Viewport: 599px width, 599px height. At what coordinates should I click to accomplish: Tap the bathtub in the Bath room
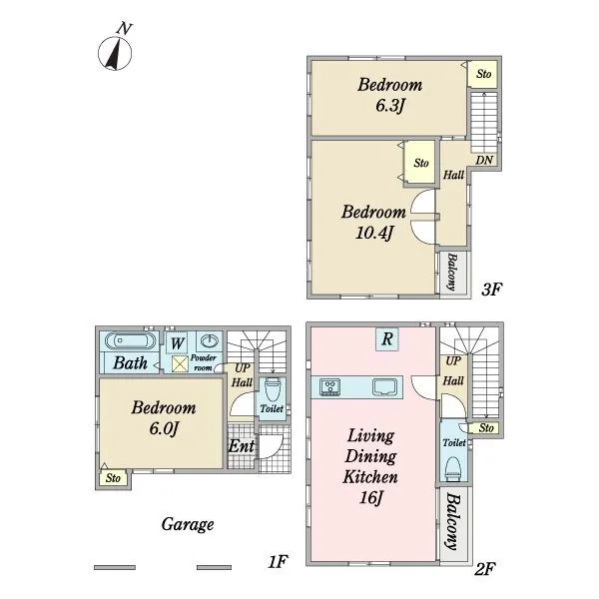(x=130, y=340)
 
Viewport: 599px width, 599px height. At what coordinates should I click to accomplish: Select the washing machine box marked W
(x=177, y=342)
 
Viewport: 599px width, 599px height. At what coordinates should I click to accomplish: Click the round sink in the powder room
(x=210, y=340)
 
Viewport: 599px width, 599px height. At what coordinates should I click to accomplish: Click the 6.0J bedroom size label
(x=164, y=428)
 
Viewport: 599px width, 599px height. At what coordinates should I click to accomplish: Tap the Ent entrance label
(x=241, y=446)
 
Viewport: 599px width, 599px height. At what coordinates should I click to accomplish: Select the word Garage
(x=188, y=524)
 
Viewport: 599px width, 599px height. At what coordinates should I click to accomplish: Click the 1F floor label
(x=278, y=561)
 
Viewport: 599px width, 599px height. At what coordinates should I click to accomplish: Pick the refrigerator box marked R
(x=387, y=338)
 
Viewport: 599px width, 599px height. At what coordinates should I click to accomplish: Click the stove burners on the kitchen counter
(x=329, y=387)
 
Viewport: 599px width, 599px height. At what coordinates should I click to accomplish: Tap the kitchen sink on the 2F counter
(x=385, y=387)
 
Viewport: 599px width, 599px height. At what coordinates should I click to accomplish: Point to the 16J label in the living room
(x=370, y=497)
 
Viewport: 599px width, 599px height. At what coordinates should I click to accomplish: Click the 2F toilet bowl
(x=454, y=469)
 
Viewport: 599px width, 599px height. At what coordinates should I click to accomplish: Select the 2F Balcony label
(x=453, y=522)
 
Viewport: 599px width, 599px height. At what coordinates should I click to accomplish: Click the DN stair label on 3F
(x=484, y=160)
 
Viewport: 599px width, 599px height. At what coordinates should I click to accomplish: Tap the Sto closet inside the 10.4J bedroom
(x=420, y=163)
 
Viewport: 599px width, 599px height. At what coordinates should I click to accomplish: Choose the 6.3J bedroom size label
(x=389, y=106)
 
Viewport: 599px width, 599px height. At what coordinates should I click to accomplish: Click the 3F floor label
(x=491, y=290)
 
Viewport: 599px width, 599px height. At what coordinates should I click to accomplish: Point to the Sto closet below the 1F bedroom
(x=113, y=478)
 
